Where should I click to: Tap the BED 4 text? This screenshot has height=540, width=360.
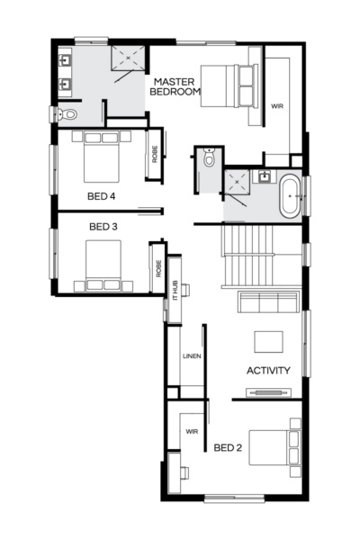[x=101, y=194]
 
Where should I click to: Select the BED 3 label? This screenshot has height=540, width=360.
[x=103, y=227]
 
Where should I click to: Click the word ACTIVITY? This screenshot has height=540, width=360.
[x=268, y=370]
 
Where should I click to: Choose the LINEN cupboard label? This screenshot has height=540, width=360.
[x=192, y=355]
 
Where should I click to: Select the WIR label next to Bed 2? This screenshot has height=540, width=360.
[x=192, y=431]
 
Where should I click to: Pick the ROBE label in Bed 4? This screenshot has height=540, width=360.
[x=155, y=154]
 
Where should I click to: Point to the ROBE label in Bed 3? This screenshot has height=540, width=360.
[x=158, y=267]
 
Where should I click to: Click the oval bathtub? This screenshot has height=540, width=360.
[x=290, y=198]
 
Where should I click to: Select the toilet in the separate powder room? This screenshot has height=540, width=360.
[x=209, y=159]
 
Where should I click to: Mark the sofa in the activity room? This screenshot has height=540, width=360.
[x=267, y=301]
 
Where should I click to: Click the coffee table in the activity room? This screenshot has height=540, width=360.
[x=269, y=341]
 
